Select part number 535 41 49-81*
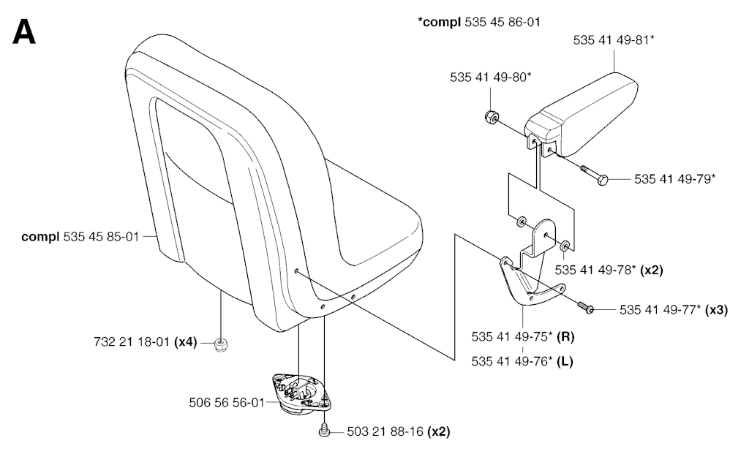[613, 41]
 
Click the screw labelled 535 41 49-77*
[584, 309]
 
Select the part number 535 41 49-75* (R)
[522, 337]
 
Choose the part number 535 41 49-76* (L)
[521, 360]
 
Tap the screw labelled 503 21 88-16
[323, 431]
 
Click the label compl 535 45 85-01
[80, 236]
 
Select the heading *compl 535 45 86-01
[479, 21]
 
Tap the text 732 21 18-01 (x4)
[145, 341]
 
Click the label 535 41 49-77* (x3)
[673, 309]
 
